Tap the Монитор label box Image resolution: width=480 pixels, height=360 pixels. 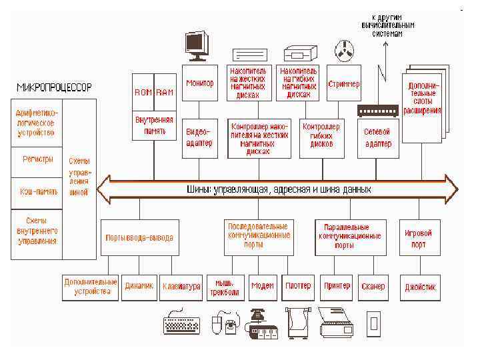[x=199, y=83]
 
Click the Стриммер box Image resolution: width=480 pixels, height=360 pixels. [x=344, y=85]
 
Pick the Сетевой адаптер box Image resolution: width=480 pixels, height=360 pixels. [x=377, y=138]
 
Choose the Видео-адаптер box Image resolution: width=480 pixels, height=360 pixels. [x=199, y=138]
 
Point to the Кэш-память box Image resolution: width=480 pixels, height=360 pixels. [x=36, y=192]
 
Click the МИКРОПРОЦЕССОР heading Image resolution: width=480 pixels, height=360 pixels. [x=55, y=87]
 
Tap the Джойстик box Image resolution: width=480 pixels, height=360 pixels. [x=421, y=287]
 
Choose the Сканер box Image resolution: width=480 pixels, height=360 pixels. [x=373, y=287]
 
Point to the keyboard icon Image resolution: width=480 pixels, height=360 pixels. [x=181, y=324]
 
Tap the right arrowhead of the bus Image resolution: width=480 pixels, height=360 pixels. [x=451, y=189]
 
